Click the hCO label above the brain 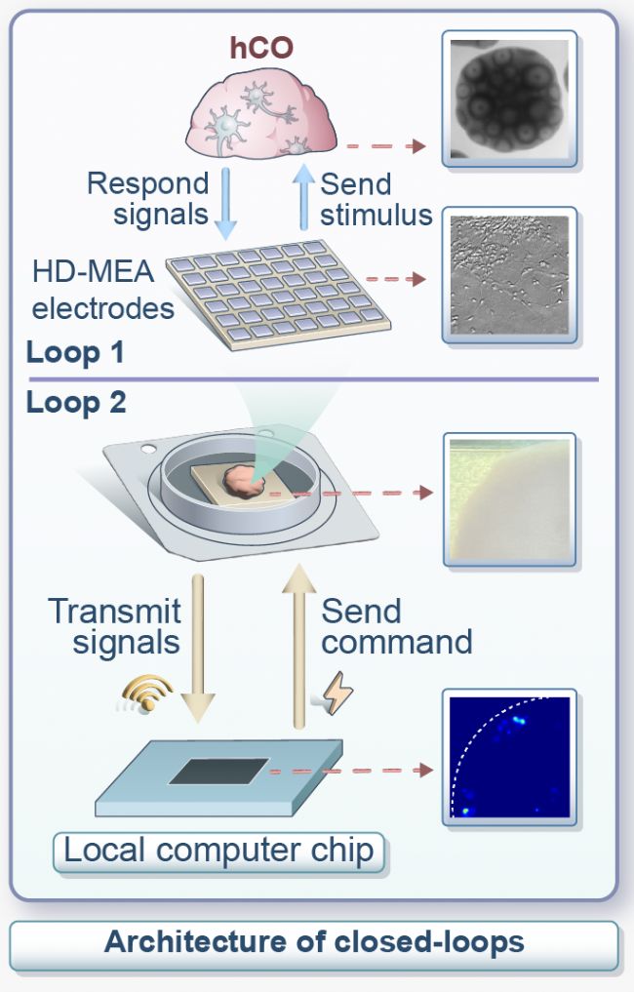point(261,48)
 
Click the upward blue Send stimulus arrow point(304,196)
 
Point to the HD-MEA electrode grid point(278,295)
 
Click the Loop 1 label point(75,353)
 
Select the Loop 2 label point(76,403)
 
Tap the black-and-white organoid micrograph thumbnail point(509,99)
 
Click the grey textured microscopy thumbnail point(509,275)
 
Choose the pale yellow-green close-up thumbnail point(509,499)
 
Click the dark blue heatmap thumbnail point(509,757)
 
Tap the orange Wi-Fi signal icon point(146,694)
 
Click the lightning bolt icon point(337,694)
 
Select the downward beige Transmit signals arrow point(198,648)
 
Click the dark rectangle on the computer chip point(218,772)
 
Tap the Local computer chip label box point(218,851)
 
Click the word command point(397,642)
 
